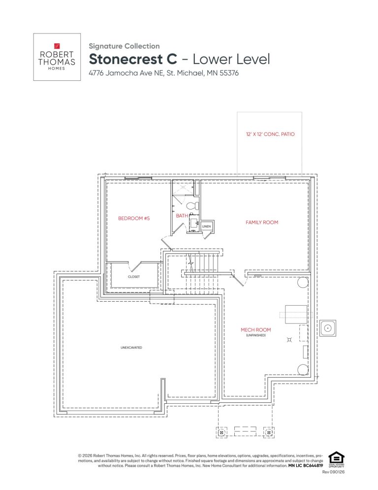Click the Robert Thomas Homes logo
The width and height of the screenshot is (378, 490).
click(57, 57)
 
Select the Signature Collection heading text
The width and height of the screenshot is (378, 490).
click(124, 46)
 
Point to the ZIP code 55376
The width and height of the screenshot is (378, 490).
click(229, 73)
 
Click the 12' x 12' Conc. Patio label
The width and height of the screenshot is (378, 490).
click(270, 134)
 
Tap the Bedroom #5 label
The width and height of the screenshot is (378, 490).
click(134, 218)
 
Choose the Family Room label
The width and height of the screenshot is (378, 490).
click(261, 222)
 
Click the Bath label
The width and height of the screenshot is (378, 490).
click(182, 215)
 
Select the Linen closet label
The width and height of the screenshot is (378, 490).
click(206, 226)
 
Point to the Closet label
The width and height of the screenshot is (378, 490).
click(133, 277)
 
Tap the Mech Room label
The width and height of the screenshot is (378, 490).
click(255, 330)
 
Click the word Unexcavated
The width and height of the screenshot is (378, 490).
click(131, 348)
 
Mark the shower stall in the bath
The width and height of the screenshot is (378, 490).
click(183, 187)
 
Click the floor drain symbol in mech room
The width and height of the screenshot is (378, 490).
click(289, 340)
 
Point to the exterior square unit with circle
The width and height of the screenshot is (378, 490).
click(327, 328)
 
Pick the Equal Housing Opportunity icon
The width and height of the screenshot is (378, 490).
click(336, 459)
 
